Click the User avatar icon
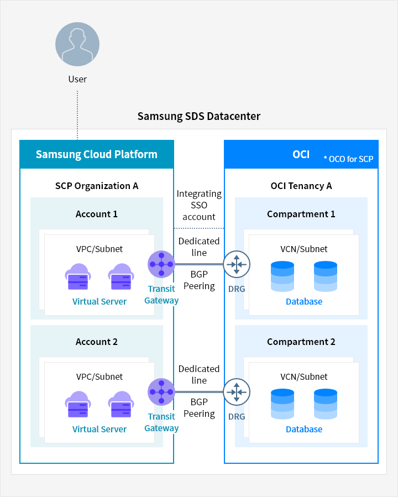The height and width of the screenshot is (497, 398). (x=77, y=44)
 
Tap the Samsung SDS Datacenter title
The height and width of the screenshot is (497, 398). (x=198, y=117)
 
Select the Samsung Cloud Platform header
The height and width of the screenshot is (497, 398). (x=97, y=154)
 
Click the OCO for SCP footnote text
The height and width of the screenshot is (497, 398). (x=348, y=159)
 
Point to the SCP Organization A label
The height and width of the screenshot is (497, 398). (x=97, y=186)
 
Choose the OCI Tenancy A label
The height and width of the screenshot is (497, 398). (x=301, y=186)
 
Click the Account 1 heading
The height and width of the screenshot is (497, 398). (x=97, y=214)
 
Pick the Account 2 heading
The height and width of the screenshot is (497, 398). (x=97, y=342)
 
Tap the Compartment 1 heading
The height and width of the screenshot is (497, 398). (x=301, y=214)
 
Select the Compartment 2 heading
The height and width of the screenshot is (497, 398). (x=301, y=342)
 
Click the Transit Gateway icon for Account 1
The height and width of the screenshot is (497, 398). (x=161, y=264)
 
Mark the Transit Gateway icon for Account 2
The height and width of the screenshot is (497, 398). (x=161, y=392)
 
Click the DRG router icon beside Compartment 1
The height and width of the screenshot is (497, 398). (x=237, y=264)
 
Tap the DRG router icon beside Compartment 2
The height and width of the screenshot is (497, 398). (x=237, y=392)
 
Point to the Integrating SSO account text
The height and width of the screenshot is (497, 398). (x=199, y=205)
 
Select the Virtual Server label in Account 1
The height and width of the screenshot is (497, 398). (x=99, y=302)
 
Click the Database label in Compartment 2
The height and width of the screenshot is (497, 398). (x=304, y=429)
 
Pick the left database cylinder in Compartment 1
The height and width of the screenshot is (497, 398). (x=282, y=276)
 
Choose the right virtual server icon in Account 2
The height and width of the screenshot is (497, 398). (x=121, y=404)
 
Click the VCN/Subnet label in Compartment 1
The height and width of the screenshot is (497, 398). (x=304, y=249)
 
